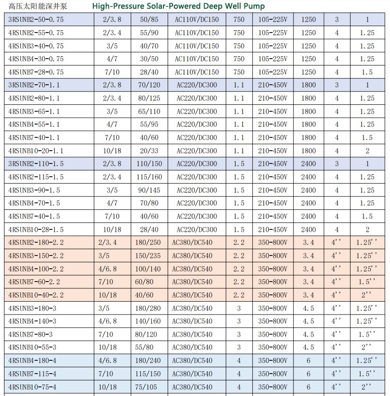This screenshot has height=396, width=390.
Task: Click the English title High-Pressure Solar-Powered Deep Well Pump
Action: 178,6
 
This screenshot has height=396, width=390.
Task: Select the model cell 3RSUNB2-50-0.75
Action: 36,20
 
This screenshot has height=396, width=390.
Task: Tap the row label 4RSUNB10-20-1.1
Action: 36,151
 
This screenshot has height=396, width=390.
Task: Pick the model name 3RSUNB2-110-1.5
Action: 36,164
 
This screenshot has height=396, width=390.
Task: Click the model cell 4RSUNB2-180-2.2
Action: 36,243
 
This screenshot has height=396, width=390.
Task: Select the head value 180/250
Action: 149,243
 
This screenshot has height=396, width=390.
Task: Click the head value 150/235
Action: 149,256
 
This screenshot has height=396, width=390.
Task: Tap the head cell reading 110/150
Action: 149,164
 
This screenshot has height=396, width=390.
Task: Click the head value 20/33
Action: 149,151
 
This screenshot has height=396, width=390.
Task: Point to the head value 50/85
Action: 149,20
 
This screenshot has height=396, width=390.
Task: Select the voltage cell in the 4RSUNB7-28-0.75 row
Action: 197,72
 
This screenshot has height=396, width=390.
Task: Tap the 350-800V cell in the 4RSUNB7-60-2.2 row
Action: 273,282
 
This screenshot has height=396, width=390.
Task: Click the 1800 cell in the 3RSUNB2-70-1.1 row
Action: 309,85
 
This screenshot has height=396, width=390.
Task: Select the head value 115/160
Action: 149,177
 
